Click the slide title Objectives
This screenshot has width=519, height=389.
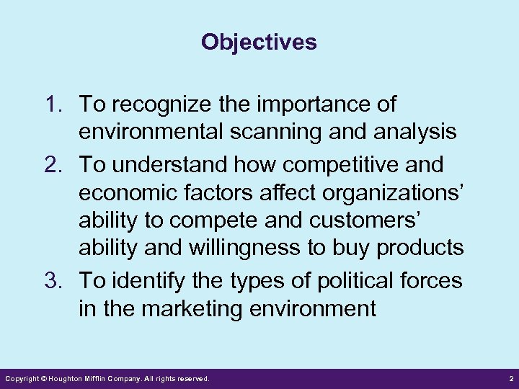point(259,43)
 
